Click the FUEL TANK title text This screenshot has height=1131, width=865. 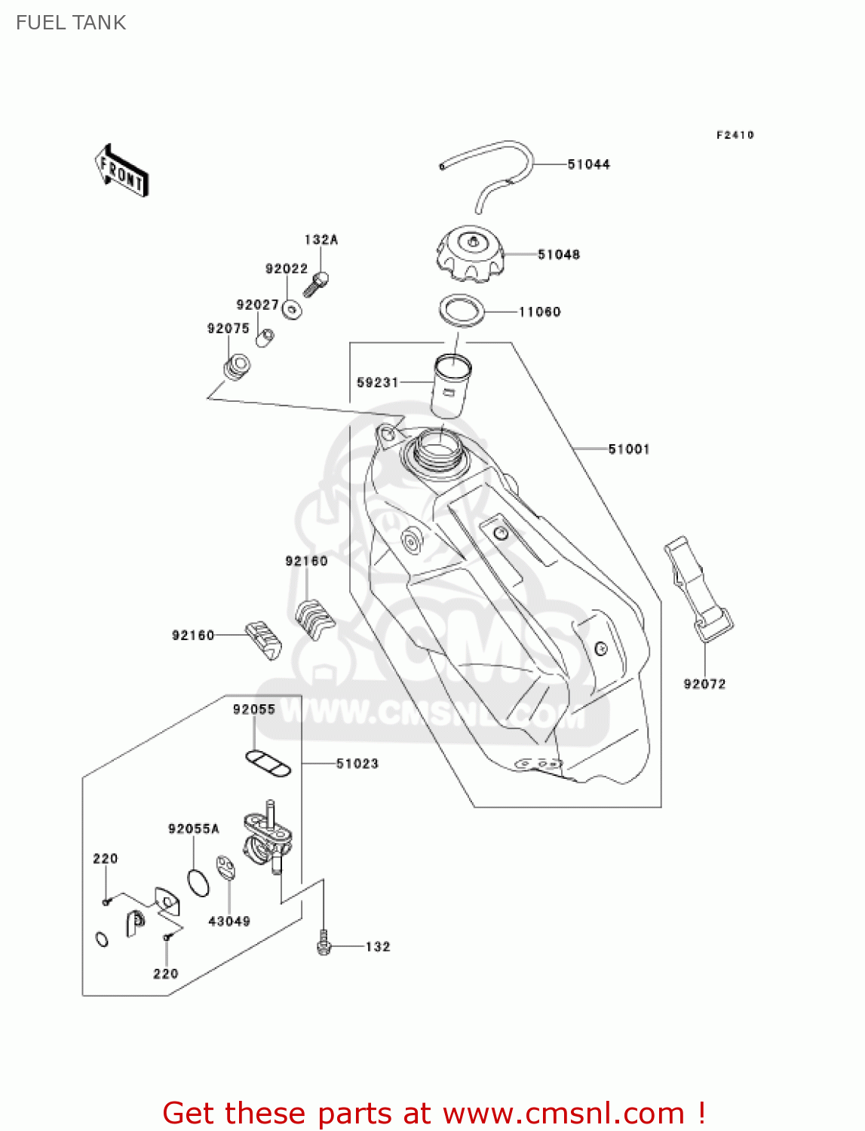coord(71,23)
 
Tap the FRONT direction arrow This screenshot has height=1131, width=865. coord(121,171)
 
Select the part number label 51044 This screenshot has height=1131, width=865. coord(588,164)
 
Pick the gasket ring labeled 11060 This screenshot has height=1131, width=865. coord(462,310)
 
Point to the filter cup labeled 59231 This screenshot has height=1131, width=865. coord(450,385)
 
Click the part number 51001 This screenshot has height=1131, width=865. coord(628,449)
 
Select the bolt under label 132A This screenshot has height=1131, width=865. coord(316,284)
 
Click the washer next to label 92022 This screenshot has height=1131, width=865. coord(293,309)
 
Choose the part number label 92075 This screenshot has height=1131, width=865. coord(228,329)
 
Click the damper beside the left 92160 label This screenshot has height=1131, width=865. coord(263,639)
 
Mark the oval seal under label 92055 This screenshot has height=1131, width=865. coord(268,763)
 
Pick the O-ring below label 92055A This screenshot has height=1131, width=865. coord(198,882)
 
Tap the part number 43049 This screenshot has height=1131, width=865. coord(229,921)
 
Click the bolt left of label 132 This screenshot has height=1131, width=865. coord(324,943)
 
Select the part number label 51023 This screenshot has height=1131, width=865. coord(357,764)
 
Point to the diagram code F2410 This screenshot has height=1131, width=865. coord(735,135)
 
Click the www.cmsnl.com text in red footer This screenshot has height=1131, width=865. coord(563,1113)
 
